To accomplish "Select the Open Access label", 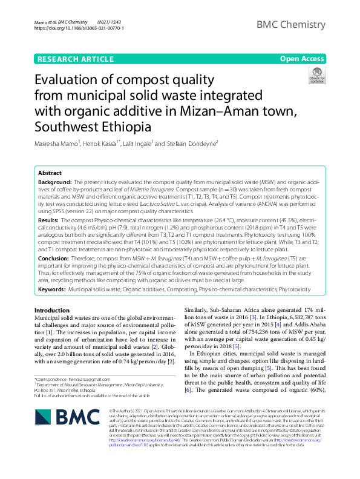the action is coord(301,59).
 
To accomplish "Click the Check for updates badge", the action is coord(316,76).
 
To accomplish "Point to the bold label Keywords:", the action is coord(52,290).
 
